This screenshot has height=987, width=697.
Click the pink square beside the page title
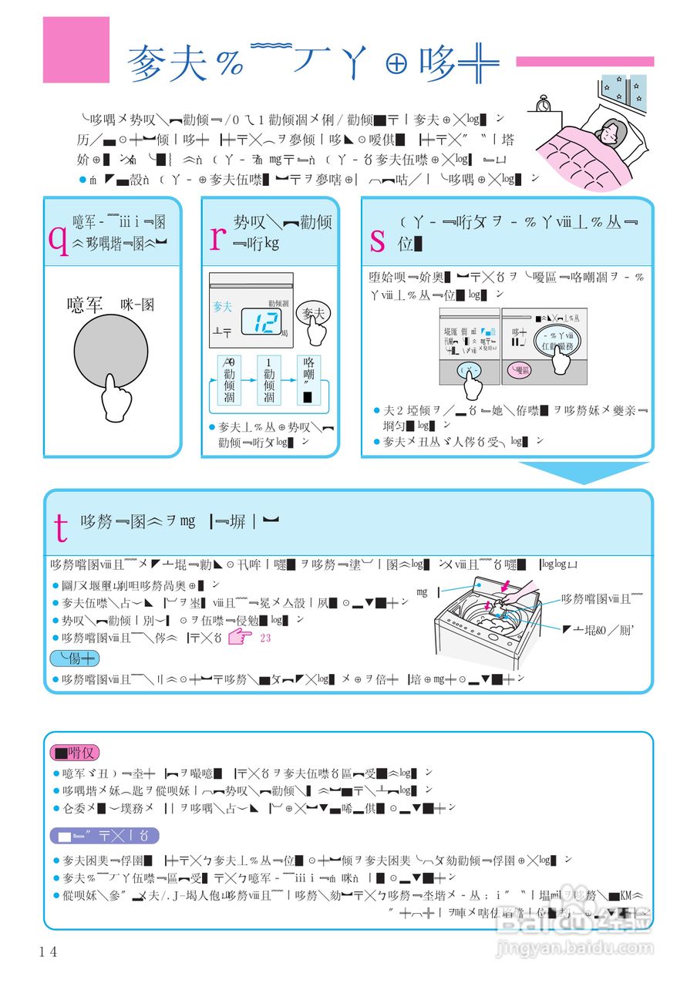click(76, 49)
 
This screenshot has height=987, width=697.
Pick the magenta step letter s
click(378, 241)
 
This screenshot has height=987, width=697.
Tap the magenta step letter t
click(62, 526)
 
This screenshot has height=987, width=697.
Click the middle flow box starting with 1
click(269, 380)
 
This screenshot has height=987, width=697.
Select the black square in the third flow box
click(308, 398)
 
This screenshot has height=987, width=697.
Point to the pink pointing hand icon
click(240, 638)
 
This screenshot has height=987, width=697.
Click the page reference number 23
click(266, 638)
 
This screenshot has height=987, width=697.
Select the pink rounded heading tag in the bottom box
click(74, 753)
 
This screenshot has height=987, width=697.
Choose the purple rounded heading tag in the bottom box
click(104, 836)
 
